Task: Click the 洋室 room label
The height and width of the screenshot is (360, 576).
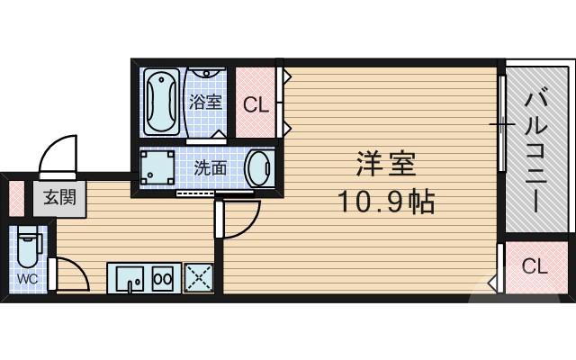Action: pyautogui.click(x=384, y=166)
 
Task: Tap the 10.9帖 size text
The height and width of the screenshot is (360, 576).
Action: pyautogui.click(x=386, y=202)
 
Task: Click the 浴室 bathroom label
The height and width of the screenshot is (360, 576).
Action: pyautogui.click(x=205, y=102)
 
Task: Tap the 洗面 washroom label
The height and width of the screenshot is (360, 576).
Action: pyautogui.click(x=211, y=166)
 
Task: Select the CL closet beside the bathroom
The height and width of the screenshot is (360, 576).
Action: pyautogui.click(x=256, y=103)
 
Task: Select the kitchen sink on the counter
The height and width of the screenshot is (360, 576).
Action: pyautogui.click(x=130, y=278)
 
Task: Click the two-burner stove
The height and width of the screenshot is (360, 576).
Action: pyautogui.click(x=164, y=278)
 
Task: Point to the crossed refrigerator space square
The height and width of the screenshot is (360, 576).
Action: pyautogui.click(x=197, y=278)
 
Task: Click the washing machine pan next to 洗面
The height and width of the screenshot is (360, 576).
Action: pyautogui.click(x=157, y=167)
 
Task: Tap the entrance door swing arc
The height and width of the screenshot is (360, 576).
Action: pyautogui.click(x=59, y=153)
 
